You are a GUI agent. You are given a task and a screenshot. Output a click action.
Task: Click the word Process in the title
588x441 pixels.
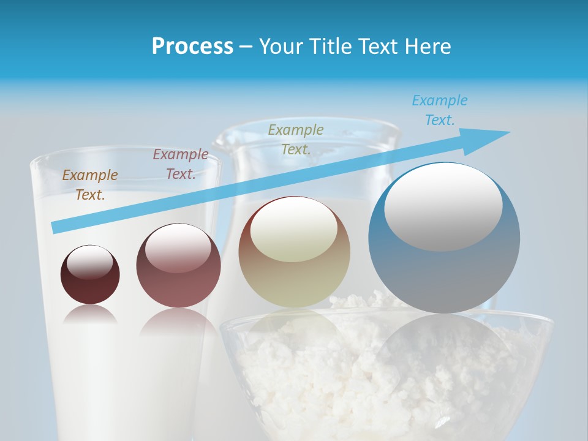pos(192,47)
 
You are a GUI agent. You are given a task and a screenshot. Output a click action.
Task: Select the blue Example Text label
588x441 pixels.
pos(439,110)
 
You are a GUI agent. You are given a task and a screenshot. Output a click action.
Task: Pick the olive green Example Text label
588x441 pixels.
pos(296,139)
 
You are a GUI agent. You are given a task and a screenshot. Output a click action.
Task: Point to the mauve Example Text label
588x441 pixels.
pos(181,164)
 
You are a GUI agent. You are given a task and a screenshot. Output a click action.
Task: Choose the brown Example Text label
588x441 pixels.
pos(90,185)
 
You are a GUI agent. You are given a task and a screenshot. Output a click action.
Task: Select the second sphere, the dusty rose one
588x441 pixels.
pos(178,288)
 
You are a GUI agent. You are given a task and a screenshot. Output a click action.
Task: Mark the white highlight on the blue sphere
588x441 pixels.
pos(443,206)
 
